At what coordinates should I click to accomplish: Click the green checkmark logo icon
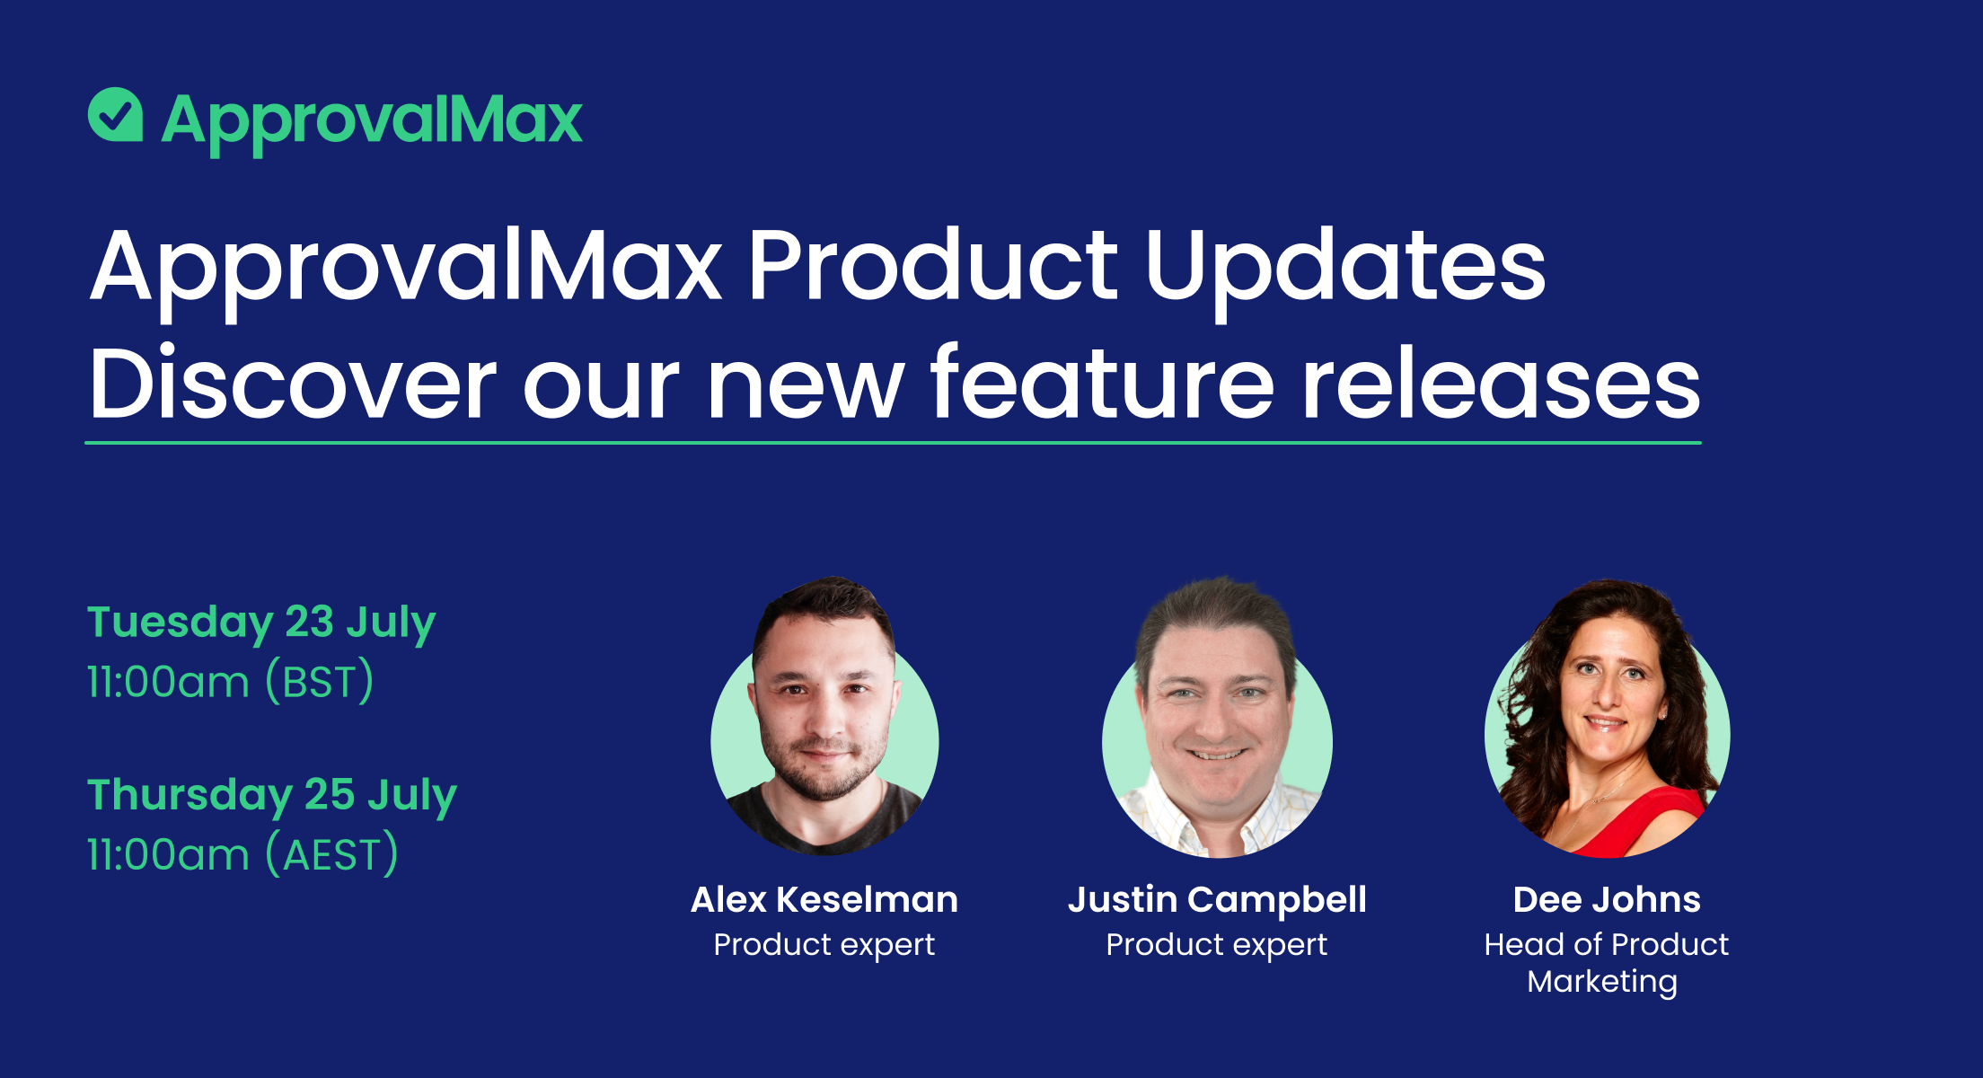[x=115, y=115]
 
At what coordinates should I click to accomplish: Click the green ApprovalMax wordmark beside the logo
[x=372, y=120]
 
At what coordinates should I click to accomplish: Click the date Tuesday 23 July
[x=260, y=622]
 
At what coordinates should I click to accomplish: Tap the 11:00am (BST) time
[x=230, y=682]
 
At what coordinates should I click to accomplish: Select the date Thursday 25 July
[x=271, y=795]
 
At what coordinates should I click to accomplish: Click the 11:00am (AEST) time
[x=242, y=854]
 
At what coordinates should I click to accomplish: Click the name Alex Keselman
[x=824, y=900]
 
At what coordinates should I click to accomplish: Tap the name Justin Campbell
[x=1217, y=900]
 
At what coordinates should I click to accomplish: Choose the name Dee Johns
[x=1606, y=900]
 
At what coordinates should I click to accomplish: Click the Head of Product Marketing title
[x=1606, y=963]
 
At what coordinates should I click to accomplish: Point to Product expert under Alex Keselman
[x=824, y=945]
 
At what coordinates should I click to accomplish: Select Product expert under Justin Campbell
[x=1216, y=945]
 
